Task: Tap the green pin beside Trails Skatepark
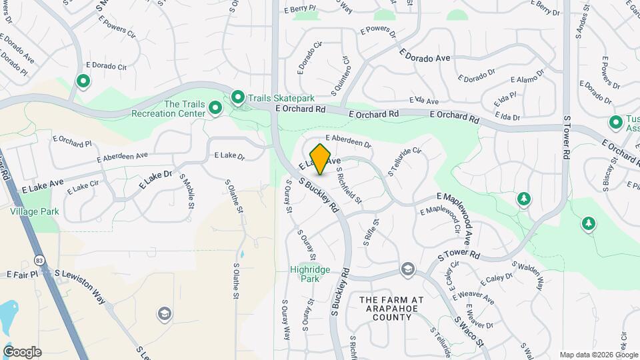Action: click(x=238, y=99)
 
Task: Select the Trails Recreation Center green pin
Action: click(x=215, y=107)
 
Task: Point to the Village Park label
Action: click(x=34, y=211)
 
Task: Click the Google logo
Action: click(x=22, y=352)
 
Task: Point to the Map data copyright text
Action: click(x=599, y=355)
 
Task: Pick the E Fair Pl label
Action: click(x=19, y=274)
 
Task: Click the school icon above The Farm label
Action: click(x=407, y=269)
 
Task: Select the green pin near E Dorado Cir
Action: click(x=83, y=81)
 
